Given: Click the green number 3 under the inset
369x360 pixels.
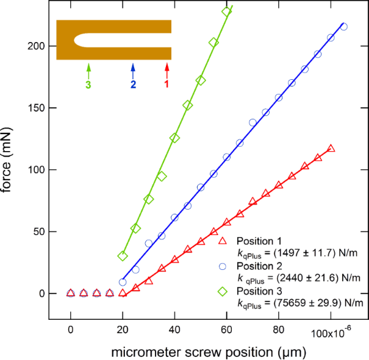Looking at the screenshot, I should click(88, 85).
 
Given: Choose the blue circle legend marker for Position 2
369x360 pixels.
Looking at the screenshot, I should click(222, 266).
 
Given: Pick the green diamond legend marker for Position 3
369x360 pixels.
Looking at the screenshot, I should click(222, 291).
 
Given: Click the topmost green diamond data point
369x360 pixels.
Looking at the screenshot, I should click(226, 12).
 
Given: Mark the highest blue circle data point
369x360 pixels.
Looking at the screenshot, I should click(343, 27).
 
